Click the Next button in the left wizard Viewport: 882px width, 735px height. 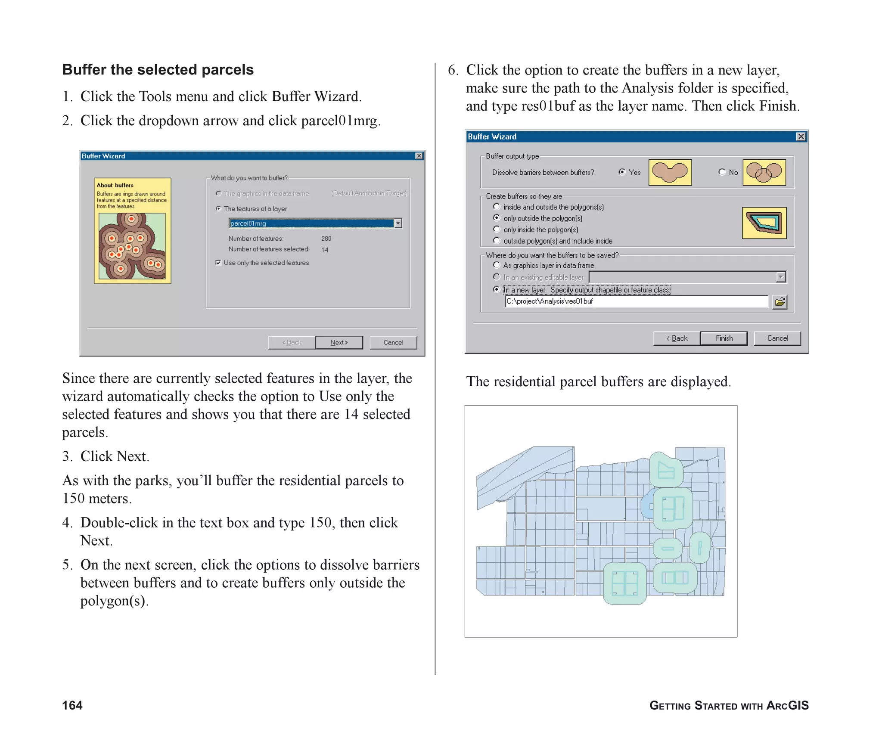tap(339, 342)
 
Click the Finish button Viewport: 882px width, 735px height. tap(724, 338)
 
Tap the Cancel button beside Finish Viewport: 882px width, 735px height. tap(777, 338)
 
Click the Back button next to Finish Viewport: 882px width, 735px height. tap(677, 338)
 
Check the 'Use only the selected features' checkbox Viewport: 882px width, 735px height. tap(218, 263)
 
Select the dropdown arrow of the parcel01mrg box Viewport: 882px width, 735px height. tap(398, 223)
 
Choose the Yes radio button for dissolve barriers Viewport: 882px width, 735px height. tap(622, 172)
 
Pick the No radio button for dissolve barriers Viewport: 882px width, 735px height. tap(722, 172)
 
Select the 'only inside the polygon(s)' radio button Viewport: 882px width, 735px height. tap(497, 229)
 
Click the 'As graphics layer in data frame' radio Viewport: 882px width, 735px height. tap(497, 265)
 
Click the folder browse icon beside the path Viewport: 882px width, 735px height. tap(780, 302)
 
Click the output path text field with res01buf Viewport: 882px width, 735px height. tap(636, 301)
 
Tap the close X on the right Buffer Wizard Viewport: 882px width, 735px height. tap(801, 136)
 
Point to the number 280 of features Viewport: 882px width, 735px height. tap(326, 239)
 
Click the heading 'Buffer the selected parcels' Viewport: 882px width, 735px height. tap(158, 70)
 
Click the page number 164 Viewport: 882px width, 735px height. tap(72, 705)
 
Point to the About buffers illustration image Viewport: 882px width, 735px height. tap(132, 246)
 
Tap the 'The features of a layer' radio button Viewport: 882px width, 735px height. tap(219, 209)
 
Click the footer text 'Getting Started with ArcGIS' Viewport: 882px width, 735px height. tap(729, 705)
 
